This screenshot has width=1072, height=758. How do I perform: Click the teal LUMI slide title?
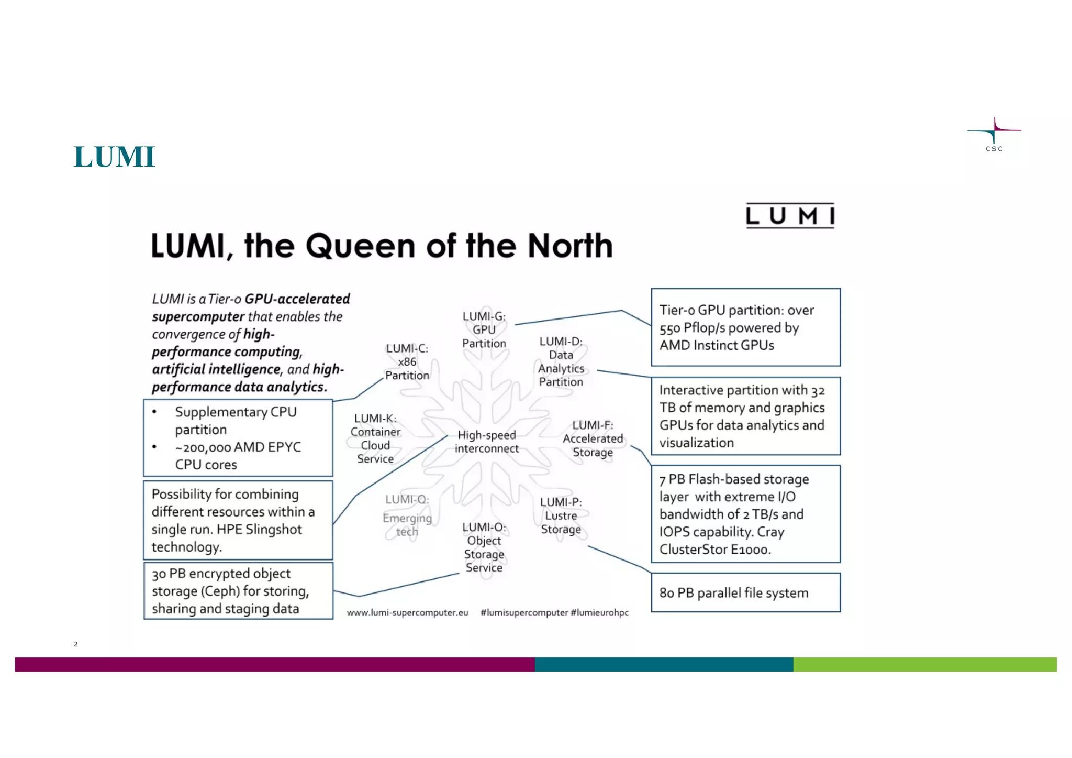pos(114,157)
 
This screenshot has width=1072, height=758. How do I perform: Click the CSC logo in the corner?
pos(993,135)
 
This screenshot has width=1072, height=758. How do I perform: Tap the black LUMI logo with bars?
pos(790,216)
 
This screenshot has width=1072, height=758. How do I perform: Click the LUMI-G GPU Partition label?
pos(484,330)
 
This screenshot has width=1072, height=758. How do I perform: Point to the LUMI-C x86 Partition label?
pos(407,362)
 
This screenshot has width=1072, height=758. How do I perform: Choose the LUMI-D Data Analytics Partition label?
pos(561,362)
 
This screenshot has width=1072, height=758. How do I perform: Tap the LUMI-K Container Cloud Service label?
pos(375,438)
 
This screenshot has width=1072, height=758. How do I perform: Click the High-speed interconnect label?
pos(487,442)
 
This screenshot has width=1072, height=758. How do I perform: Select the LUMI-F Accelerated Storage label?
pos(593,439)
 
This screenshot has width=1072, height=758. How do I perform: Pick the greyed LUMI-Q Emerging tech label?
pos(407,516)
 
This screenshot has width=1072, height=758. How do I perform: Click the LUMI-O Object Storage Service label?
pos(484,547)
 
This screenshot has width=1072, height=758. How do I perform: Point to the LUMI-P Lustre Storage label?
pos(561,515)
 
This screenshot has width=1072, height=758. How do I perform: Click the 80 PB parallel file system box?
pos(745,592)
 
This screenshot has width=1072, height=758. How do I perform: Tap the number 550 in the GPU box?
pos(669,328)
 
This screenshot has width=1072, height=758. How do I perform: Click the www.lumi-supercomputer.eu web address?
pos(407,612)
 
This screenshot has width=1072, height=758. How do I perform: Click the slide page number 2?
pos(76,644)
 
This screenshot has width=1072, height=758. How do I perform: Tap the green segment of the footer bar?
pos(924,664)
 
